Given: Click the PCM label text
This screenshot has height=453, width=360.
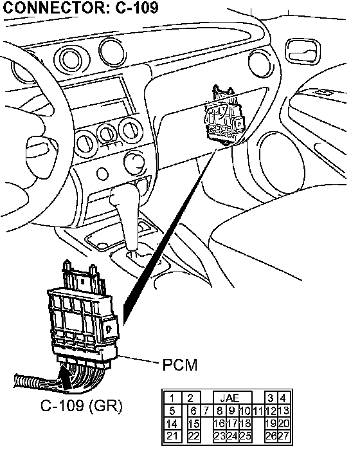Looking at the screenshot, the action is pos(180,365).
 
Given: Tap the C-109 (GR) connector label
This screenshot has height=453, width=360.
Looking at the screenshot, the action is pos(82,405).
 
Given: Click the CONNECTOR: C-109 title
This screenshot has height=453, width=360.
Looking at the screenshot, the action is pos(80,7).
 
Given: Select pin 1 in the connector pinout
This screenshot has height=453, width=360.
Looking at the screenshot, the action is pos(172,398).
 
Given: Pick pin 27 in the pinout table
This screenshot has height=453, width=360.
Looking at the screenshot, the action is pos(283,436).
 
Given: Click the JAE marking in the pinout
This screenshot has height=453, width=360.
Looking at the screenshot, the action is pos(230,398).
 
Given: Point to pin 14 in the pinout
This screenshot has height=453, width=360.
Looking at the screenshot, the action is pos(172,424).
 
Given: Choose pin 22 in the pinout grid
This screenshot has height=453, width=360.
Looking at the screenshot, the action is pos(194,436).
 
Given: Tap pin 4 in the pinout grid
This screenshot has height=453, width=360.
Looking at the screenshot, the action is pos(283,398).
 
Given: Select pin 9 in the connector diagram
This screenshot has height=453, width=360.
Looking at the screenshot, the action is pos(232,411).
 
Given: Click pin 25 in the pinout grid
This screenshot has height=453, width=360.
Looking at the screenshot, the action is pos(245,436).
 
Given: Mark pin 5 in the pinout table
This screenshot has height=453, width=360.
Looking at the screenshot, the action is pos(172,411).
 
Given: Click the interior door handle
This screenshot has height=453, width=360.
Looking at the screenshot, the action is pos(303,51).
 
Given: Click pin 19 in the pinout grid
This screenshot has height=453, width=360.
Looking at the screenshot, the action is pos(271,423).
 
